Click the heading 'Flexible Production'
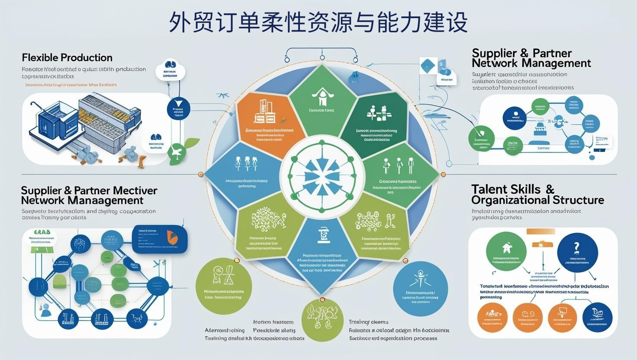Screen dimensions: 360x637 pyautogui.click(x=67, y=58)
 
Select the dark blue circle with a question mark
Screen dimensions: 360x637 pyautogui.click(x=577, y=251)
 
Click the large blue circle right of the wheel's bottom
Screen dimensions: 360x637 pyautogui.click(x=420, y=289)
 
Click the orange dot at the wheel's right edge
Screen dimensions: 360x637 pyautogui.click(x=443, y=174)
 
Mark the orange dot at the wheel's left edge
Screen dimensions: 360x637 pyautogui.click(x=200, y=174)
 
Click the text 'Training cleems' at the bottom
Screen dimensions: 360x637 pyautogui.click(x=368, y=322)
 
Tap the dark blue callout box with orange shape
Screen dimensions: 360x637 pyautogui.click(x=160, y=239)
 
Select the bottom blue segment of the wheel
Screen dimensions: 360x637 pyautogui.click(x=322, y=253)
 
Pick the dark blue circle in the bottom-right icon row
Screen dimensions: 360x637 pyautogui.click(x=597, y=317)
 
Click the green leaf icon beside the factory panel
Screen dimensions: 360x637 pyautogui.click(x=179, y=151)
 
